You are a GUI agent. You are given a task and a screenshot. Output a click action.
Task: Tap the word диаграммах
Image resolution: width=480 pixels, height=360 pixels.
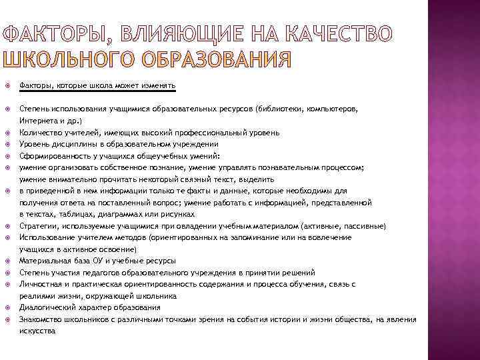click(113, 214)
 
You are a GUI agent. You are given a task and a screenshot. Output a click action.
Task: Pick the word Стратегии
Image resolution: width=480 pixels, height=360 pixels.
click(37, 226)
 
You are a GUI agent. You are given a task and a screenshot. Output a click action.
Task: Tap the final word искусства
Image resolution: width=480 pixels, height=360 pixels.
click(37, 330)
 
